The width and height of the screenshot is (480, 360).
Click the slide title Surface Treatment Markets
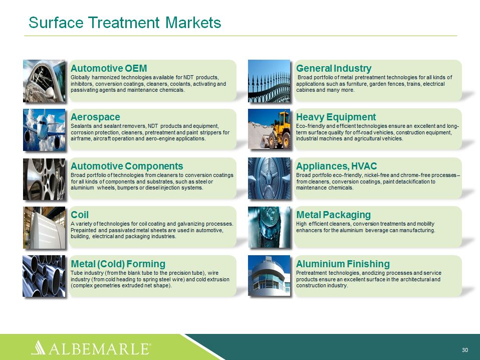pos(125,23)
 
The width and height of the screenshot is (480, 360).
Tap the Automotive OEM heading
pos(109,68)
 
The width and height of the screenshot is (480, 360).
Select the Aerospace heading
pos(95,117)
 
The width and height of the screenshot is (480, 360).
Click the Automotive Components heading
pos(127,166)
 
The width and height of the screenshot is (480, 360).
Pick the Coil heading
pos(80,215)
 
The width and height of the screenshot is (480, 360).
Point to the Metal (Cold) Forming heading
pos(118,264)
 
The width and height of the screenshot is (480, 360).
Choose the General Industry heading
pos(334,68)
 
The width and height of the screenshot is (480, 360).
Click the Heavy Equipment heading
pos(336,117)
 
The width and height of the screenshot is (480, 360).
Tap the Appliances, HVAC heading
pos(336,166)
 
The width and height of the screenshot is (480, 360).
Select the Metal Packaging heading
pos(333,215)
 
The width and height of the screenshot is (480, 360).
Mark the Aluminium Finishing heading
pos(343,264)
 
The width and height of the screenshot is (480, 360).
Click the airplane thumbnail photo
pos(44,130)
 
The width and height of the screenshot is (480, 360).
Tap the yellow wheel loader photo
pos(269,129)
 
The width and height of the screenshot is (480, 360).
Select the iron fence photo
pos(269,81)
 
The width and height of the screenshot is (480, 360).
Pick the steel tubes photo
pos(44,276)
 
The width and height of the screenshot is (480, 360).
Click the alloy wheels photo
pos(44,179)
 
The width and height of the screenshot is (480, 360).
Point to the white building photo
pos(269,276)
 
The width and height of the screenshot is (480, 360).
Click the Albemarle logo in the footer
pos(91,347)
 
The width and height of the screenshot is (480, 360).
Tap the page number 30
pos(464,350)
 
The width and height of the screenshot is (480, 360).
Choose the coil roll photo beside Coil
pos(44,228)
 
